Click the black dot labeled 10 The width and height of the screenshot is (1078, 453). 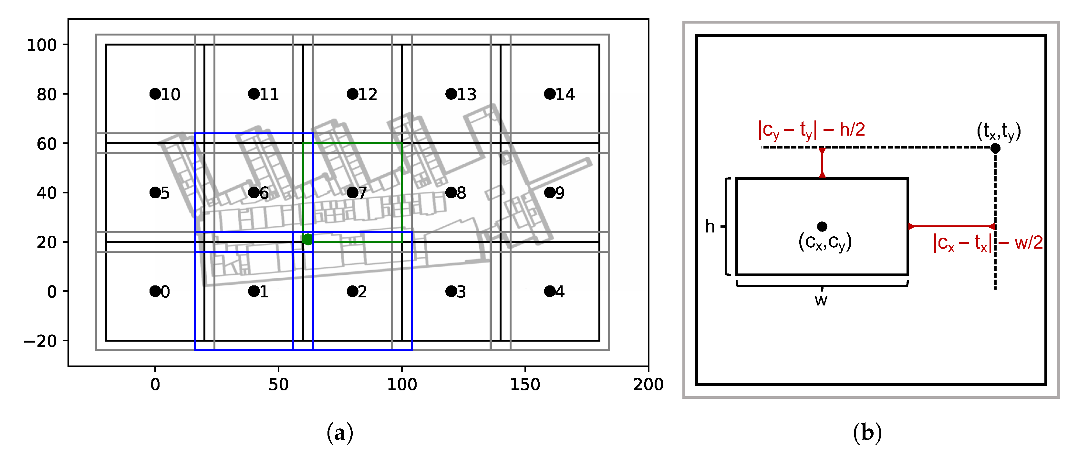pyautogui.click(x=155, y=94)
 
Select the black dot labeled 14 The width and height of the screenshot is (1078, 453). pyautogui.click(x=549, y=94)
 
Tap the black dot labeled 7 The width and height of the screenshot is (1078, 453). pyautogui.click(x=352, y=192)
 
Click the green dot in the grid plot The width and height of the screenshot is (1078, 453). pyautogui.click(x=307, y=239)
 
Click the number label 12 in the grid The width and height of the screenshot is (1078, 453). pyautogui.click(x=368, y=95)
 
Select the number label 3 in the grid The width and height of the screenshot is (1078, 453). pyautogui.click(x=461, y=292)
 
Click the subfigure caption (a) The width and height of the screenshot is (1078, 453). pyautogui.click(x=339, y=433)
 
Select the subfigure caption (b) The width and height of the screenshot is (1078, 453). pyautogui.click(x=867, y=433)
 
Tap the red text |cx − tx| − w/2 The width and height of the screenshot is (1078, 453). pyautogui.click(x=988, y=242)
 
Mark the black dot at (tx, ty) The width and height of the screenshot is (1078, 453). pyautogui.click(x=995, y=148)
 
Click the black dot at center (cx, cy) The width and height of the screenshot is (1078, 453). pyautogui.click(x=822, y=226)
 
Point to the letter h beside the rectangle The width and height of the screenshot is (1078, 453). pyautogui.click(x=710, y=226)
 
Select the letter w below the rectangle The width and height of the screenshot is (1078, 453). pyautogui.click(x=821, y=300)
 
